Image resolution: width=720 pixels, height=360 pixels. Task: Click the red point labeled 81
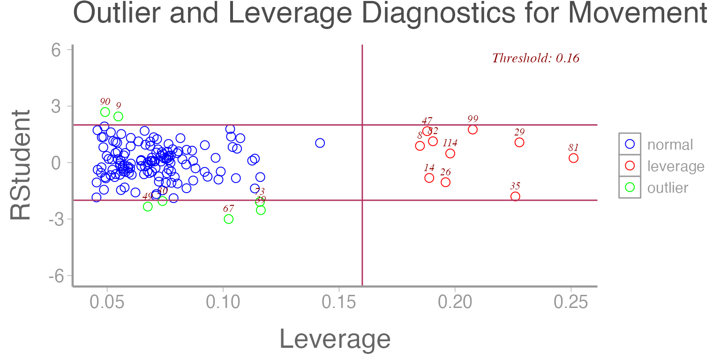[573, 158]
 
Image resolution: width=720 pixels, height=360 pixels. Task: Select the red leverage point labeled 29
[519, 142]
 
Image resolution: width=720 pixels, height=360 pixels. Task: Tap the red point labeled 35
[515, 196]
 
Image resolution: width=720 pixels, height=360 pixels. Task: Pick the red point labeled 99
[472, 129]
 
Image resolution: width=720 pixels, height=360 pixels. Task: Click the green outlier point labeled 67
[229, 219]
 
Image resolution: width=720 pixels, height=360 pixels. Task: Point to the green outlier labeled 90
[105, 112]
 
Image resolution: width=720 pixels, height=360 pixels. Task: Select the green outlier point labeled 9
[118, 116]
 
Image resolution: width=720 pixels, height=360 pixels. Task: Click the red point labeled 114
[450, 153]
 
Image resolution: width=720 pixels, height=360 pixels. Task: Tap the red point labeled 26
[445, 182]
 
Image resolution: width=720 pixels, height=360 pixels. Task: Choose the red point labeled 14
[429, 178]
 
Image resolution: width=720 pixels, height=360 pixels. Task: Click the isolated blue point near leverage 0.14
[320, 143]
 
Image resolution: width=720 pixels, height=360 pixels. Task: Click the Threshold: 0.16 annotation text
[535, 59]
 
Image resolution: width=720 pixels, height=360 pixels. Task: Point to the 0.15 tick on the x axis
[339, 303]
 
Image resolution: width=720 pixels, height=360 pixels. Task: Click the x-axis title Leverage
[335, 339]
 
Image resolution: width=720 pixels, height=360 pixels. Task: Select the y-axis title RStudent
[21, 165]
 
